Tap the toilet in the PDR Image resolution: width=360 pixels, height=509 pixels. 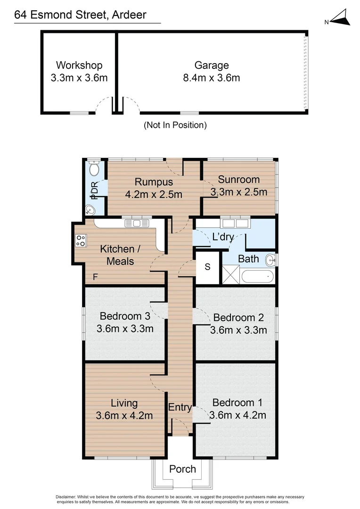tap(94, 168)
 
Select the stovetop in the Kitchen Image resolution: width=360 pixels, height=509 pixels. tap(81, 240)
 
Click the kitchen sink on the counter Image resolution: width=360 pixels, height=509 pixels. tap(137, 223)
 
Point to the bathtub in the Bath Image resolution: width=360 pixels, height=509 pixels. tap(257, 277)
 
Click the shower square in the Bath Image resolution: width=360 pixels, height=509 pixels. tap(231, 275)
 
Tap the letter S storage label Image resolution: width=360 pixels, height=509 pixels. tap(207, 267)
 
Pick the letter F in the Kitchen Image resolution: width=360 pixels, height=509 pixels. tap(95, 277)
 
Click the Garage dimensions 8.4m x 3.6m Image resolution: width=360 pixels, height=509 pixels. tap(211, 78)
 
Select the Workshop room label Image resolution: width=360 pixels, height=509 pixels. tap(79, 65)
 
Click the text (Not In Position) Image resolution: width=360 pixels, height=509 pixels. tap(175, 125)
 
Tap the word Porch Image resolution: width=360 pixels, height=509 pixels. tap(182, 469)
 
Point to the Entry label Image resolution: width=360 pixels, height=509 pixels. tap(180, 407)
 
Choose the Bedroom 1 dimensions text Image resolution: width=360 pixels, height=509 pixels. tap(237, 415)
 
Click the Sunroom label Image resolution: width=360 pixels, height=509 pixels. tap(238, 180)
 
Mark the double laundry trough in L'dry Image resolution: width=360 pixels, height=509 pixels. tap(235, 223)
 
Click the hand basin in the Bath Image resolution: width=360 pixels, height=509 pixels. tap(271, 260)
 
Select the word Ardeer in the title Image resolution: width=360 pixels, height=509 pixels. tap(129, 15)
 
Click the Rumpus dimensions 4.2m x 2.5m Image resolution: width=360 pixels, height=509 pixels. tap(154, 195)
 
